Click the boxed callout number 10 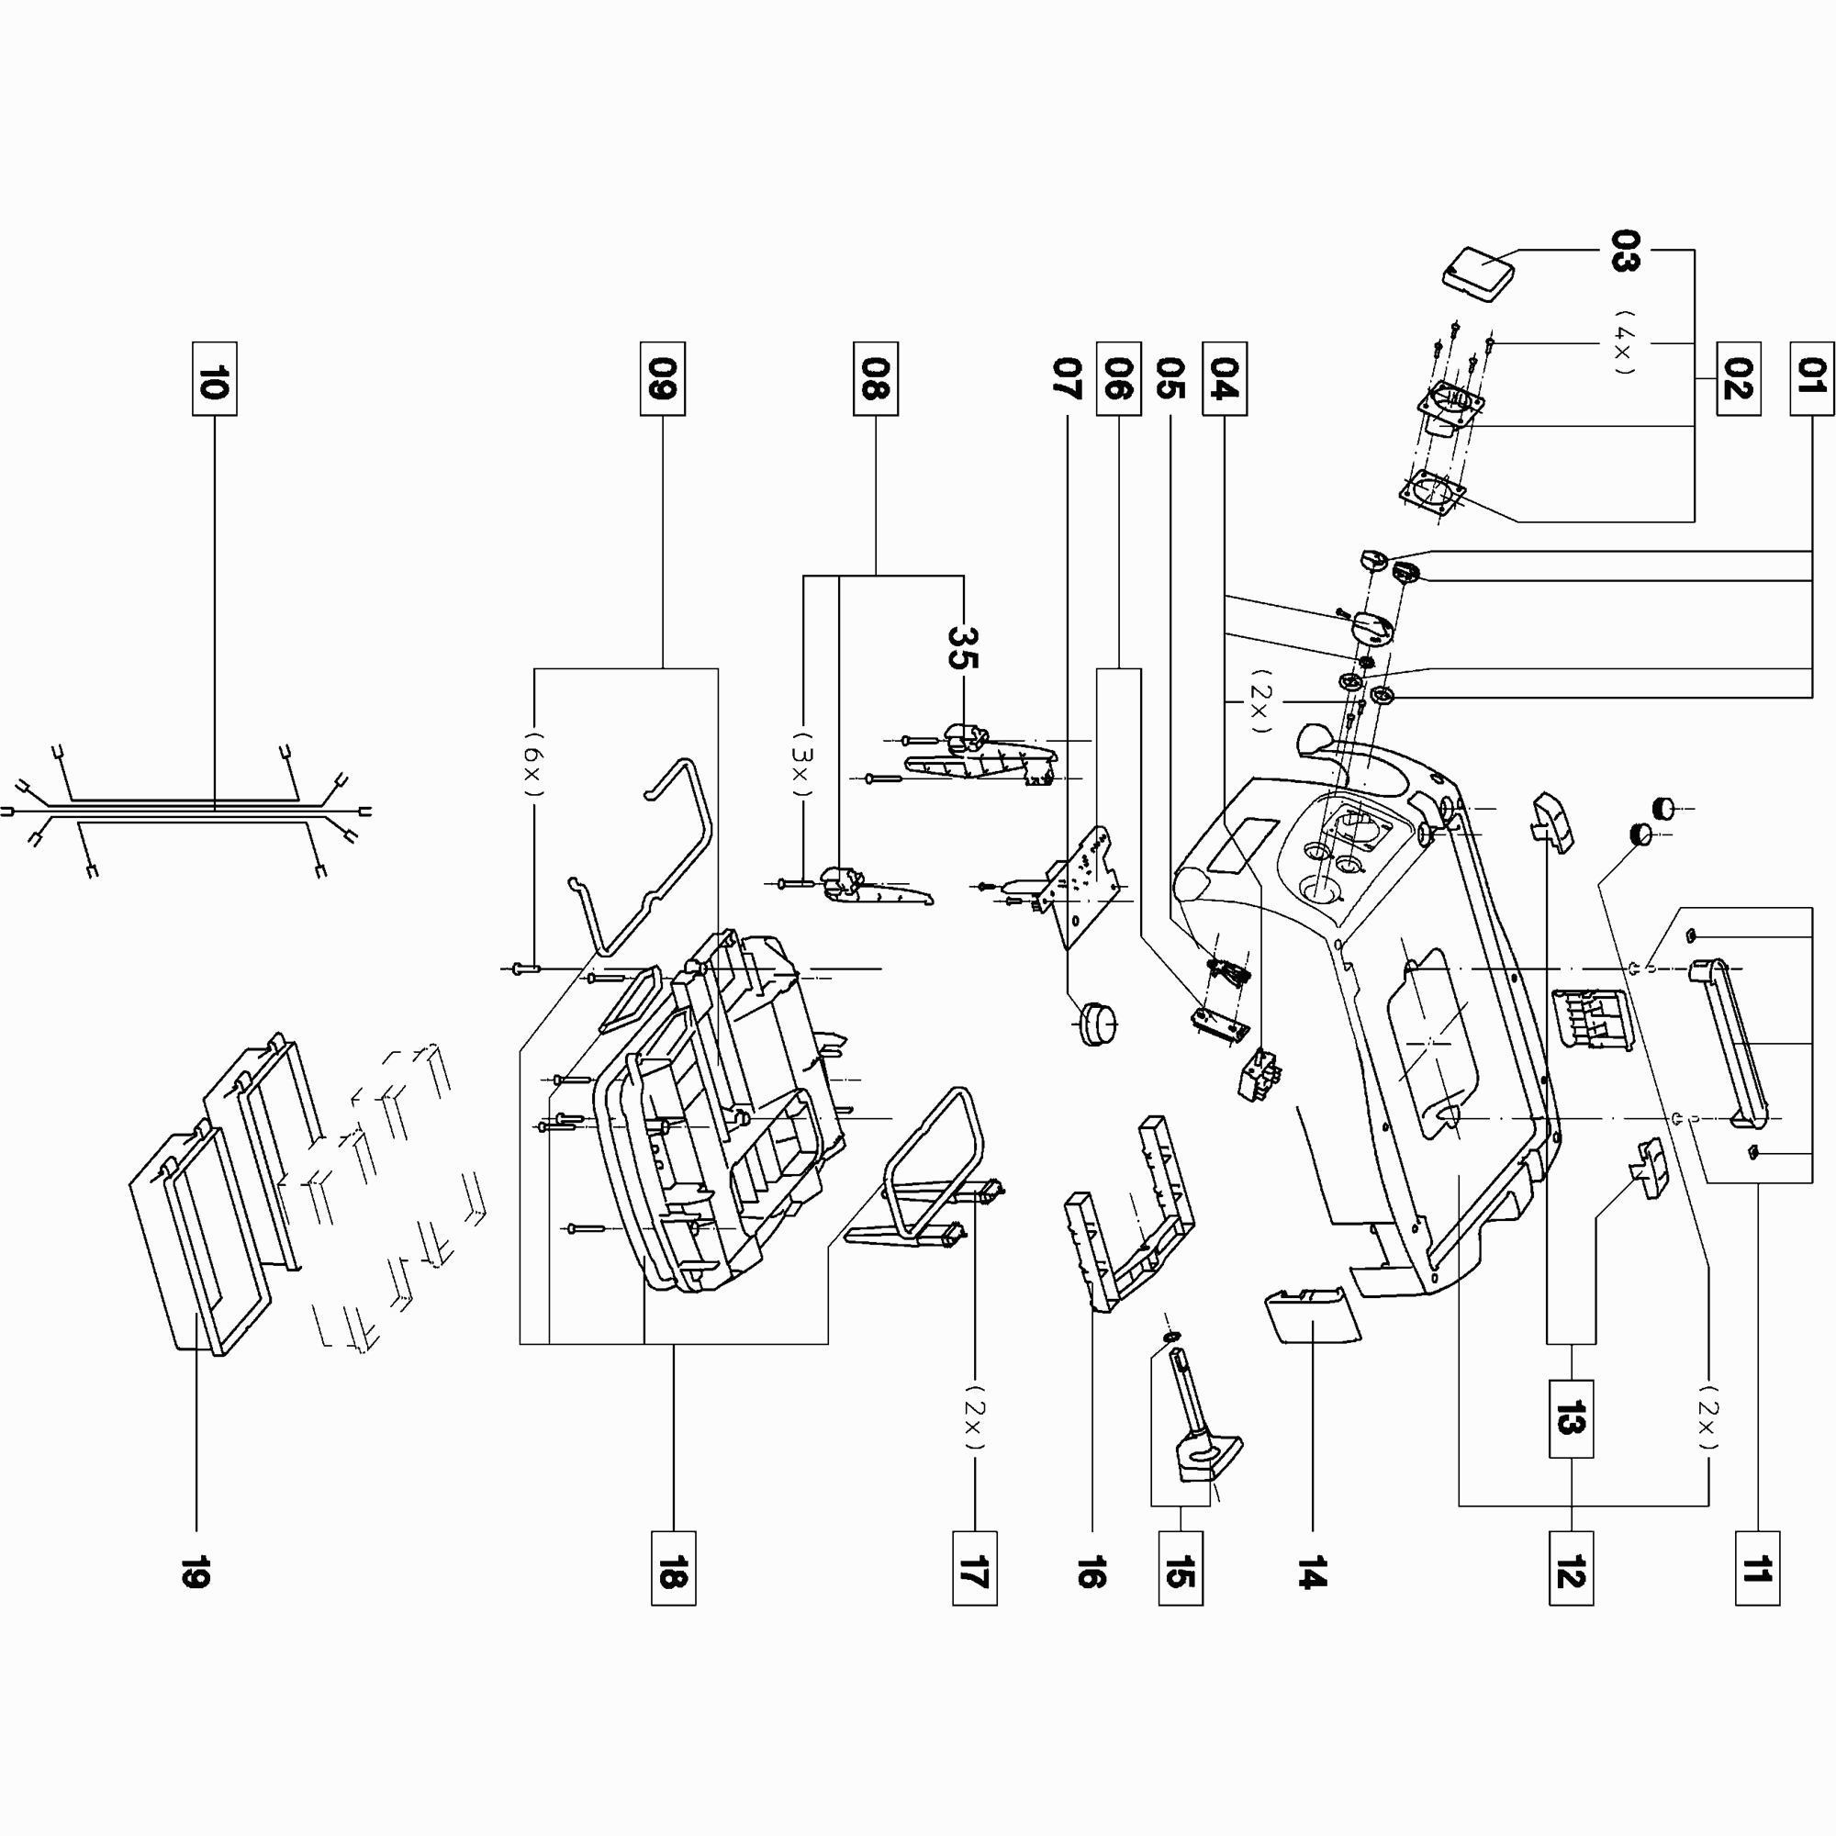tap(214, 379)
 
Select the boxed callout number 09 tap(663, 379)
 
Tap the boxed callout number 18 tap(674, 1568)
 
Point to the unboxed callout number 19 tap(196, 1572)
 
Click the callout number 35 tap(963, 647)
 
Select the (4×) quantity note tap(1626, 342)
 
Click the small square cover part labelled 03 tap(1478, 275)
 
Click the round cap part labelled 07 tap(1096, 1023)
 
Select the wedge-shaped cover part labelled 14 tap(1312, 1315)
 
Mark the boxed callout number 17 tap(975, 1568)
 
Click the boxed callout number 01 tap(1812, 379)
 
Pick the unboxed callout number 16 tap(1091, 1572)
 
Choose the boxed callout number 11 tap(1758, 1568)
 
